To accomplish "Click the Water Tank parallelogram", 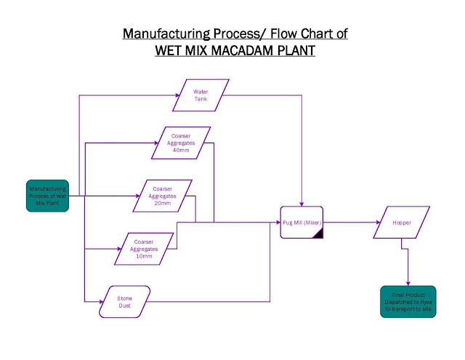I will [x=201, y=95].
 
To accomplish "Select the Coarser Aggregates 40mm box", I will [x=181, y=142].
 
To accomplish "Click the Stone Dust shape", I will [x=124, y=302].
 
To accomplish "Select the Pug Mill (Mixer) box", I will [x=302, y=223].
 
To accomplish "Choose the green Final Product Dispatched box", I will [x=408, y=302].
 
